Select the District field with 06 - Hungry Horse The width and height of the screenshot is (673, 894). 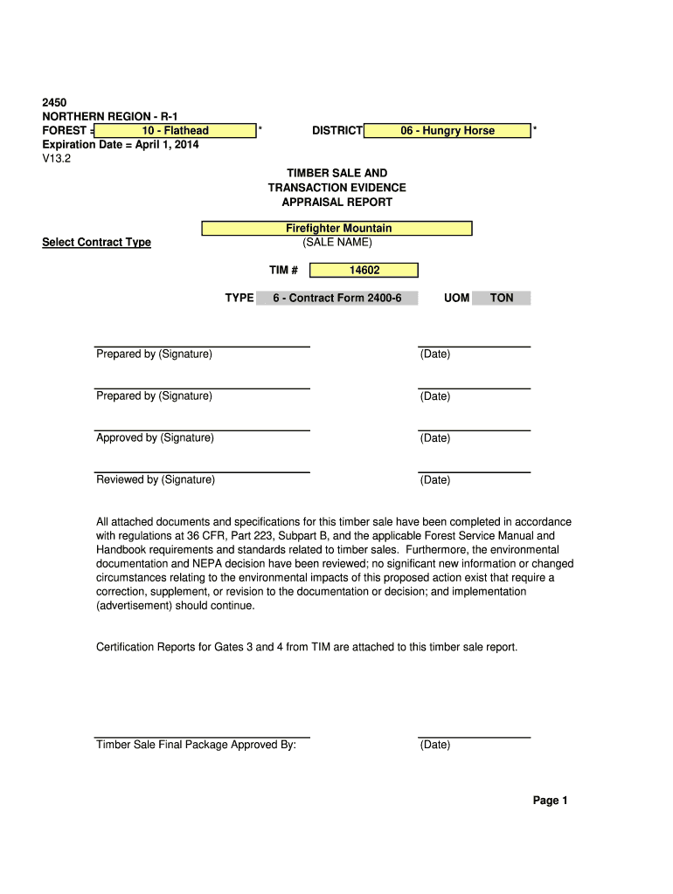pyautogui.click(x=447, y=131)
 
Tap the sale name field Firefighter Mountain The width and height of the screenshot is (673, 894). pyautogui.click(x=337, y=229)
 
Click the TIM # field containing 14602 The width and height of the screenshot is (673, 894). pyautogui.click(x=364, y=271)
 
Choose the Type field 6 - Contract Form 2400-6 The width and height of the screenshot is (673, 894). pyautogui.click(x=336, y=299)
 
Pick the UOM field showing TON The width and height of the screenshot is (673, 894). pyautogui.click(x=502, y=299)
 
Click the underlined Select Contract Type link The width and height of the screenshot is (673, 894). pyautogui.click(x=96, y=243)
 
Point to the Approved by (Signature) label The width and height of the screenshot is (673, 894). pyautogui.click(x=155, y=438)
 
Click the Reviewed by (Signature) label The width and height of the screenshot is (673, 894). pyautogui.click(x=156, y=480)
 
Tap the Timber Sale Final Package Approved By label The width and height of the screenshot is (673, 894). pyautogui.click(x=196, y=746)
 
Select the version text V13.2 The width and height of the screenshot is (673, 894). pyautogui.click(x=58, y=159)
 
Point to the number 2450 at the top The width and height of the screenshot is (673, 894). pyautogui.click(x=54, y=103)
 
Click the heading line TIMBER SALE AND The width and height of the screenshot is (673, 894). pyautogui.click(x=336, y=174)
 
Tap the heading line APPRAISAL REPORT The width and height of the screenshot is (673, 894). pyautogui.click(x=336, y=203)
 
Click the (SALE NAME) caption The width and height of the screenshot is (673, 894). pyautogui.click(x=336, y=243)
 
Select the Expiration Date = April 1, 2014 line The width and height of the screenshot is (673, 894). pyautogui.click(x=121, y=145)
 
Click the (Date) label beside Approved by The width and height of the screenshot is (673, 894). pyautogui.click(x=434, y=438)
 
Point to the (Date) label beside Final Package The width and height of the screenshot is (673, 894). pyautogui.click(x=434, y=746)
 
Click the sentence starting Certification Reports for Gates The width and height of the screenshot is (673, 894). pyautogui.click(x=307, y=648)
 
